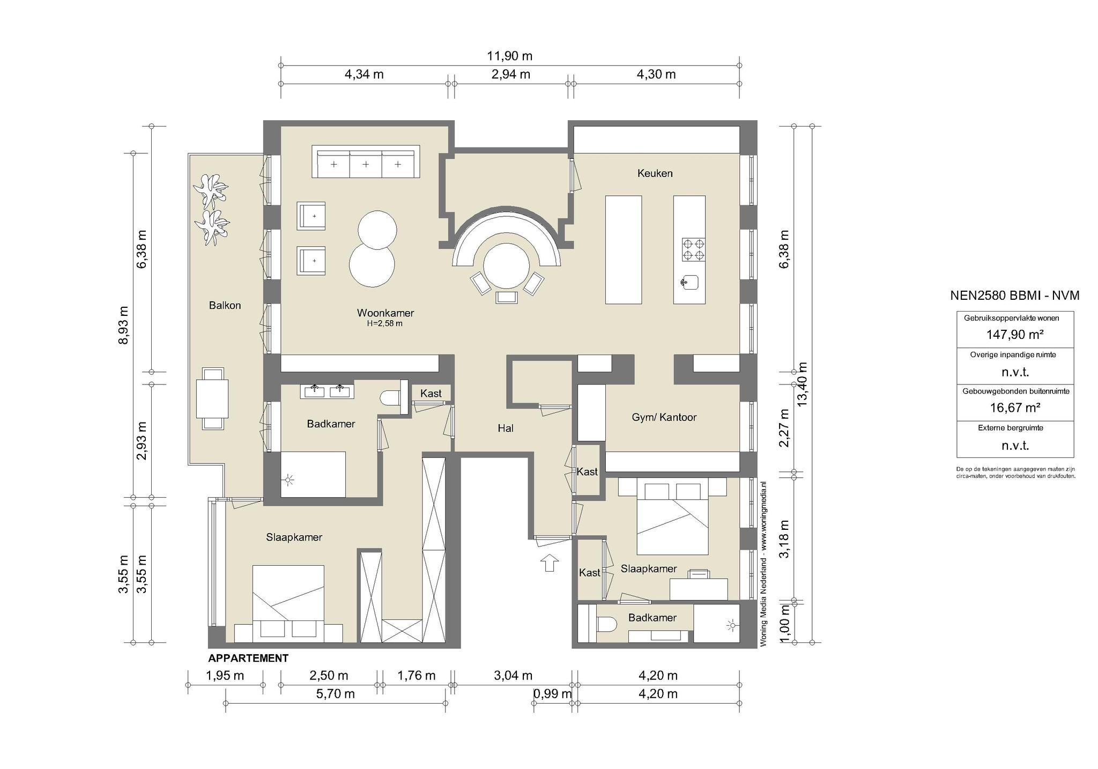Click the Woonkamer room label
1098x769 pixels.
385,313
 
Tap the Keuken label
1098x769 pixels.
655,173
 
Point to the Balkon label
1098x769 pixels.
225,305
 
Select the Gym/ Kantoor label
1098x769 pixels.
664,417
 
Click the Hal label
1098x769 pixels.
506,428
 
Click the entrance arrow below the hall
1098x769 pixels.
550,563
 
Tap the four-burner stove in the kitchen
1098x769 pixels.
693,249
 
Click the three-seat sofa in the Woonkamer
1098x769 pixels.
366,161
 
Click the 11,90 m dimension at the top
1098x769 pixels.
509,56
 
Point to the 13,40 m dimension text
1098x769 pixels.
802,384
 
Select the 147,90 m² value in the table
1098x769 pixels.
1015,335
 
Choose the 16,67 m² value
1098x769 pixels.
1015,408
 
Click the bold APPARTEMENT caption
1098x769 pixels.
248,658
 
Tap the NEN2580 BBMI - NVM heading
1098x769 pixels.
1015,295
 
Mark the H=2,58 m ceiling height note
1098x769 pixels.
385,323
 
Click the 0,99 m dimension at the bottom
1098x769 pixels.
553,693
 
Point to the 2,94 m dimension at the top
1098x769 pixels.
511,74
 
